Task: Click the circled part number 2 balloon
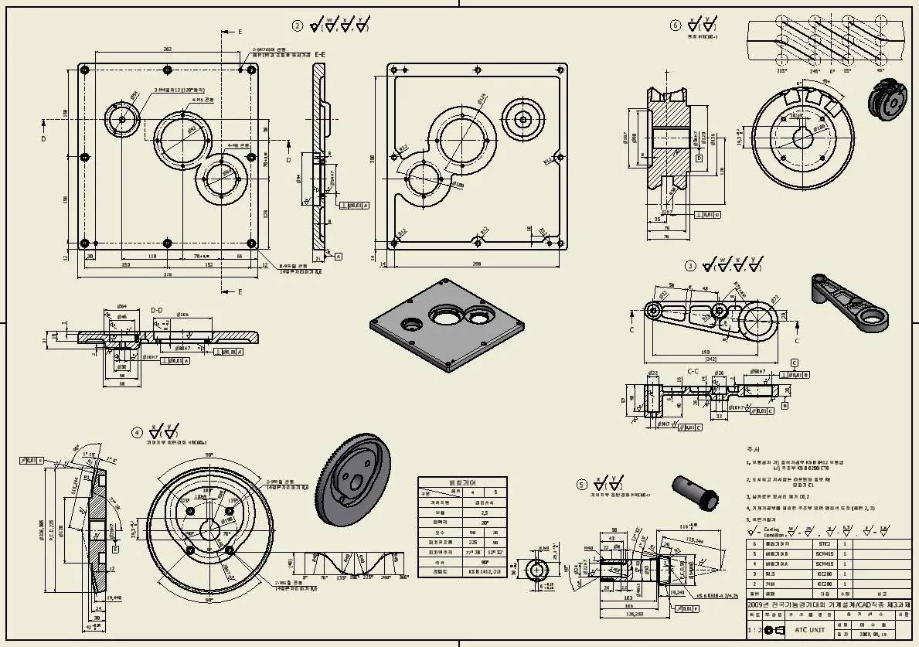pyautogui.click(x=298, y=26)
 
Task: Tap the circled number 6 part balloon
pyautogui.click(x=676, y=25)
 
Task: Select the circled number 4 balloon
pyautogui.click(x=137, y=432)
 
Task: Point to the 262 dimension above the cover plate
pyautogui.click(x=167, y=49)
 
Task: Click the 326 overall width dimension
pyautogui.click(x=168, y=274)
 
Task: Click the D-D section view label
pyautogui.click(x=157, y=311)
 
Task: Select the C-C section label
pyautogui.click(x=694, y=371)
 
